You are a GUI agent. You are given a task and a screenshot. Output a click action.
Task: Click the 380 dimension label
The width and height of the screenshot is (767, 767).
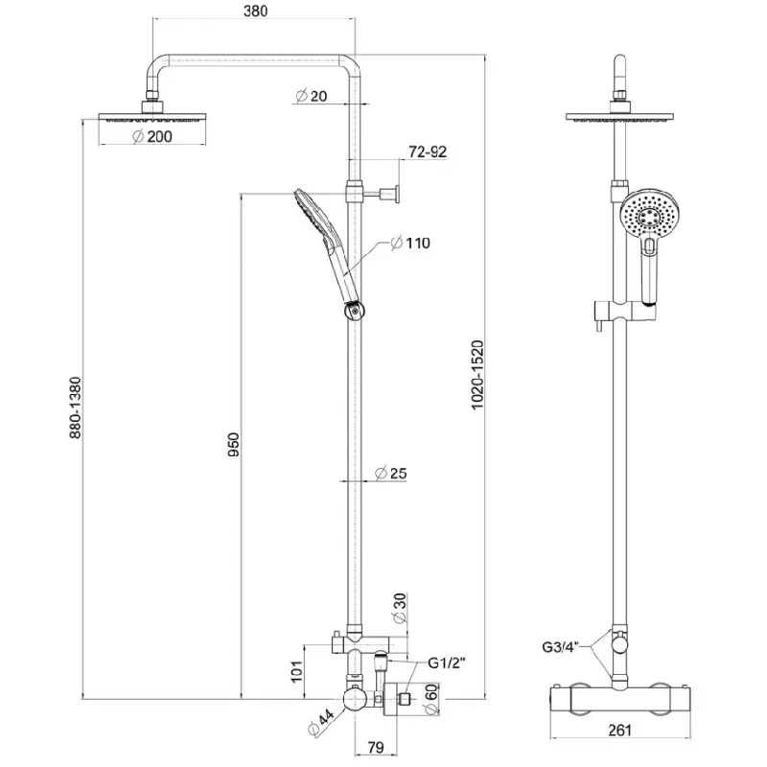coord(255,11)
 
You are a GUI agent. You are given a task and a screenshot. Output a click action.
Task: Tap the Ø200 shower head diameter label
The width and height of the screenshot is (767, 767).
coord(152,136)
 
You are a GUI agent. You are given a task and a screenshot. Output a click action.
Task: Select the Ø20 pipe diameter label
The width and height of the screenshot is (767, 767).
coord(311,96)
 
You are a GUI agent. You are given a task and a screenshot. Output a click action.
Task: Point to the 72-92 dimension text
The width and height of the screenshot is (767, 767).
coord(428,151)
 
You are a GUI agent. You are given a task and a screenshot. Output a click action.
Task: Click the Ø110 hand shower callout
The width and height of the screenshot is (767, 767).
coord(410,243)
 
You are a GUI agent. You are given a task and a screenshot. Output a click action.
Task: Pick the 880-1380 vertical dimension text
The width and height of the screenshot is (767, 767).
coord(76,407)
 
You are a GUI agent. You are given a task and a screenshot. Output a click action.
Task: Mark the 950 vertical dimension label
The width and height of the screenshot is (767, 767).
coord(234,445)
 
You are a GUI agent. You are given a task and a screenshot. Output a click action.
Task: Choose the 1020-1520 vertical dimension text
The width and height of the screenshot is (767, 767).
coord(476,375)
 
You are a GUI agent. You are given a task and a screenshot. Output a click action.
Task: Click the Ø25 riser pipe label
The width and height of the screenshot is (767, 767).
coord(390,473)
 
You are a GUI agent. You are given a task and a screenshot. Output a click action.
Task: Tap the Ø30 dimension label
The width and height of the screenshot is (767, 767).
coord(400,608)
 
